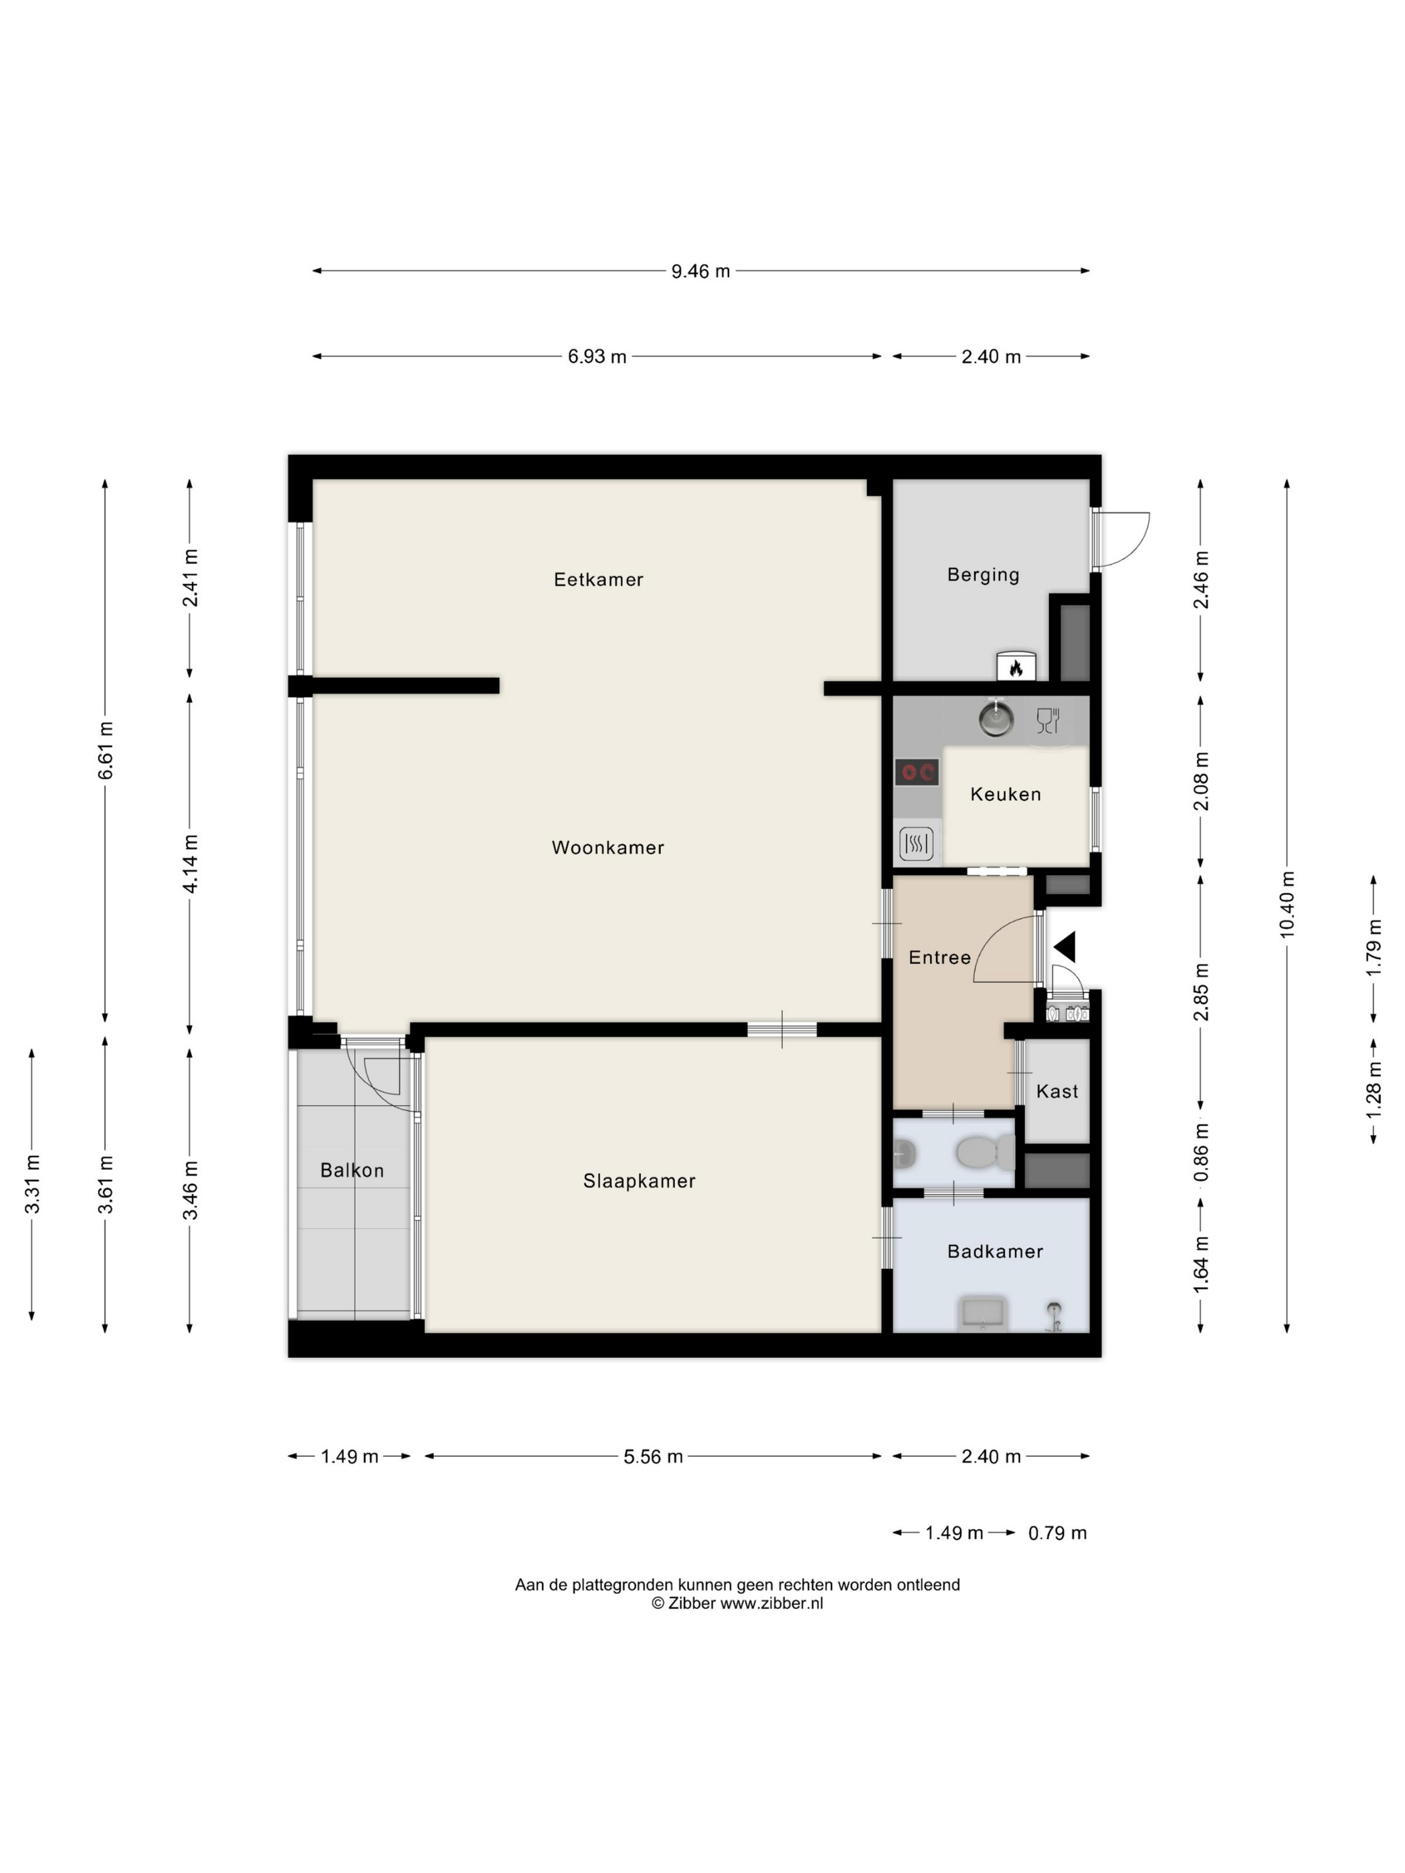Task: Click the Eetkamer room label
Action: [x=598, y=579]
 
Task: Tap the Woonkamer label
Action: [x=607, y=847]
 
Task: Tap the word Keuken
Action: [x=1006, y=793]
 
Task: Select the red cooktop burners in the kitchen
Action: [x=917, y=771]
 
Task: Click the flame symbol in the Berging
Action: [x=1016, y=669]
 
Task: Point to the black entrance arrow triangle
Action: [x=1064, y=947]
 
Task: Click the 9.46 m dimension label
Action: [x=700, y=271]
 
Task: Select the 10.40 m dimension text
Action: [x=1287, y=904]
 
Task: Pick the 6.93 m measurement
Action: [x=597, y=357]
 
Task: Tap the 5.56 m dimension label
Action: [x=653, y=1456]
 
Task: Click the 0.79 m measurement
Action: [x=1057, y=1533]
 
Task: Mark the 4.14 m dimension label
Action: [x=191, y=864]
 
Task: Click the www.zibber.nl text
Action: [x=771, y=1603]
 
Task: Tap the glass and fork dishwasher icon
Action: [x=1048, y=720]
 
